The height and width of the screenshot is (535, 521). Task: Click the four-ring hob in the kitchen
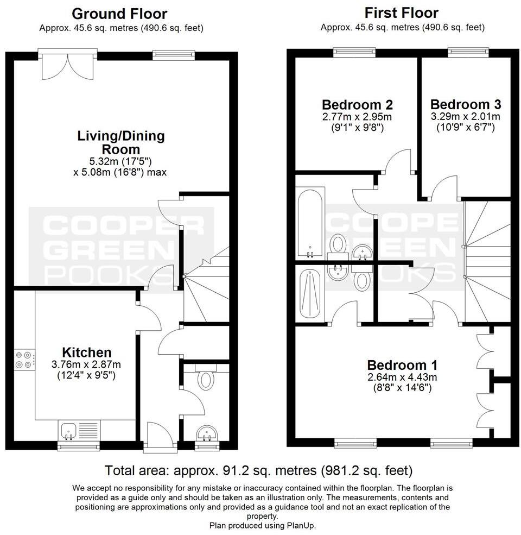point(24,360)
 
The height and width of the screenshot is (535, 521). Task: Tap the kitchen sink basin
point(69,431)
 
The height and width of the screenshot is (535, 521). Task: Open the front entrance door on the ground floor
point(160,437)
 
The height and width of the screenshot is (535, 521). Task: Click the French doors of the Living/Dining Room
point(67,62)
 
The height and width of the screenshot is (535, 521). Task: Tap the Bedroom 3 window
point(468,52)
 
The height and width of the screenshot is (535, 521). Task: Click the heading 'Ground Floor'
point(119,13)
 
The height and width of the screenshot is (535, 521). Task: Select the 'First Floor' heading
point(402,12)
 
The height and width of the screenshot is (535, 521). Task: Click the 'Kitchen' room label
point(87,352)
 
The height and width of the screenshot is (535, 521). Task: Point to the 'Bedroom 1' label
point(402,365)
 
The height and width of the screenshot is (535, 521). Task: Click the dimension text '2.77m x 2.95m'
point(357,117)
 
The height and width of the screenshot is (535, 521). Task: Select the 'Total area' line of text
point(258,470)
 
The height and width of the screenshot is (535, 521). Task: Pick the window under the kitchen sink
point(79,447)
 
